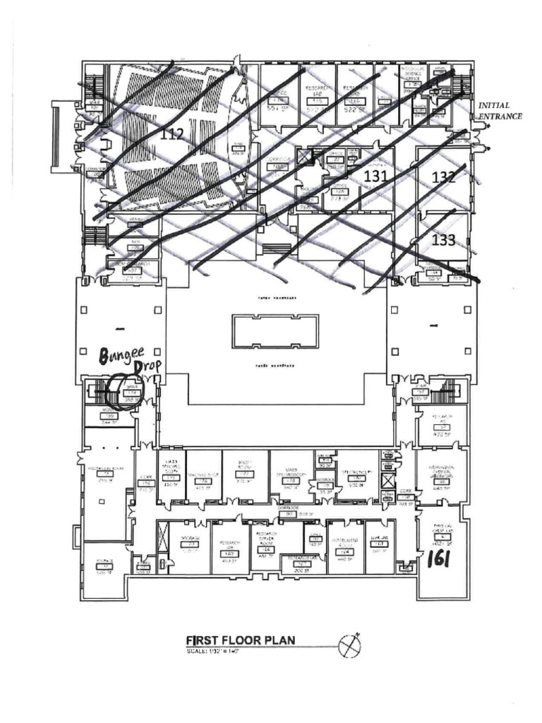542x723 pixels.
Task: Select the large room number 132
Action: [x=443, y=178]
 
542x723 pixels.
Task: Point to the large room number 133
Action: [x=442, y=240]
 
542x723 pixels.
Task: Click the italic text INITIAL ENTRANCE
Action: [x=500, y=111]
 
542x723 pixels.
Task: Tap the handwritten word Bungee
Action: [x=121, y=356]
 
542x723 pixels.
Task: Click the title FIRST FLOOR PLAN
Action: [x=240, y=640]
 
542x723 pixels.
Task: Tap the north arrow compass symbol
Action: [x=351, y=645]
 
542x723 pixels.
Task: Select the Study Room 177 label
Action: [x=244, y=472]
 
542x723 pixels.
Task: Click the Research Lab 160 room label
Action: [x=229, y=547]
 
